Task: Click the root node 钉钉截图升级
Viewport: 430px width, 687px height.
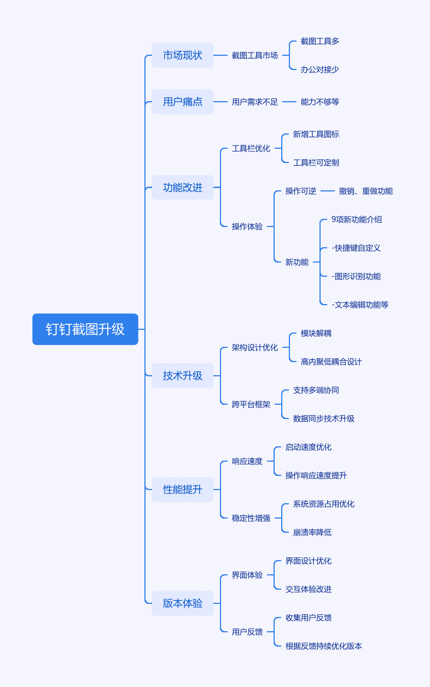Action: [x=85, y=329]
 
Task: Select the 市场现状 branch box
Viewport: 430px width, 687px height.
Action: [x=183, y=55]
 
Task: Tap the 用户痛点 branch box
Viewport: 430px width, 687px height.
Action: [x=183, y=102]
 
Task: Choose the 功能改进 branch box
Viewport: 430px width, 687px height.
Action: [x=183, y=188]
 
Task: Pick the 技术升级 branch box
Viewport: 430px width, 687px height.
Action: [x=183, y=376]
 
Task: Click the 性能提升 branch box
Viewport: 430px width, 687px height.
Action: [x=183, y=490]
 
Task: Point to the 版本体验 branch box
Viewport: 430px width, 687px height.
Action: [x=183, y=603]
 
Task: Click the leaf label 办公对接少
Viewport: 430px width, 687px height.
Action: [x=320, y=69]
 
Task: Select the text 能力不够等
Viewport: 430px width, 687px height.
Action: [x=320, y=102]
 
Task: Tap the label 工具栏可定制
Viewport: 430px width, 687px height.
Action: [x=316, y=162]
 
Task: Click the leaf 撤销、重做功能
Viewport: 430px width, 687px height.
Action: [x=366, y=191]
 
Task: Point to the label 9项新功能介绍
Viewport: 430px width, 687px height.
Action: [x=357, y=219]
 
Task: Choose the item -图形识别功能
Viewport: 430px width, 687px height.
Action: [x=356, y=276]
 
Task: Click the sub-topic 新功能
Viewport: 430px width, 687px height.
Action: [x=297, y=262]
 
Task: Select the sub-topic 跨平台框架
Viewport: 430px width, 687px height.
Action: [x=251, y=405]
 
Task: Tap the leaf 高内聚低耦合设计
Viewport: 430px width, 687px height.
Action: [x=331, y=362]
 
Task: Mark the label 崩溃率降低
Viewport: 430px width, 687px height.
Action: [x=312, y=532]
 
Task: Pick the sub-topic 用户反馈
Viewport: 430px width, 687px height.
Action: [x=247, y=632]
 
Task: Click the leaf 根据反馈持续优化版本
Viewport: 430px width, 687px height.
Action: [x=323, y=646]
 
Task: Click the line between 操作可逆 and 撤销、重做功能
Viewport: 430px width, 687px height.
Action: [x=328, y=191]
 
